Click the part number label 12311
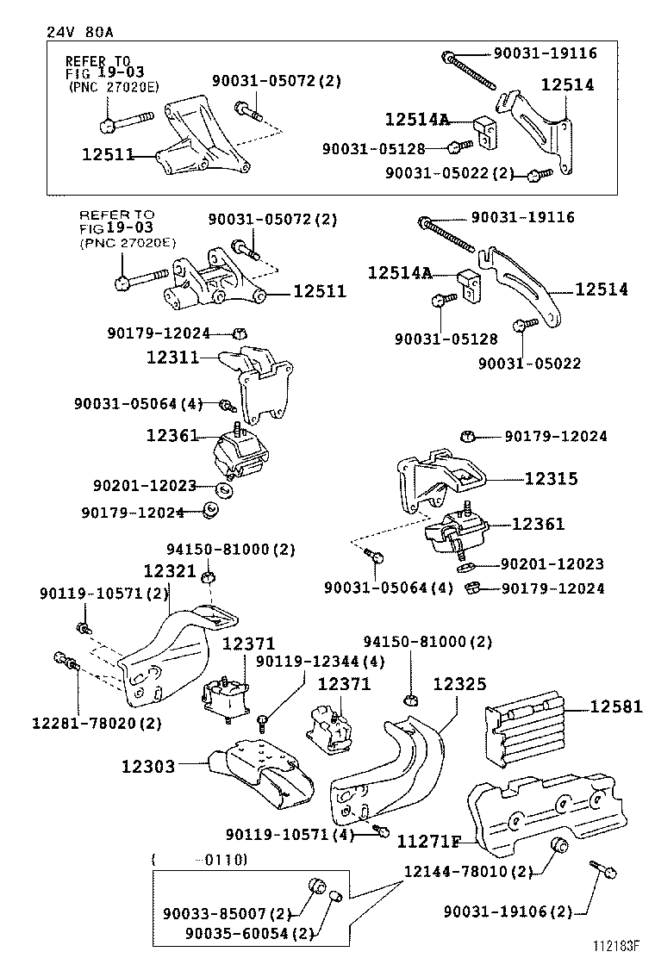(x=172, y=356)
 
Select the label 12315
(x=550, y=479)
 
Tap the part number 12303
(x=147, y=765)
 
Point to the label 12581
(x=616, y=707)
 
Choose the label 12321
(x=170, y=571)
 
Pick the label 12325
(x=459, y=684)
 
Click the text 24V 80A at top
(x=79, y=32)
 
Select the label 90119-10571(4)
(x=290, y=835)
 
